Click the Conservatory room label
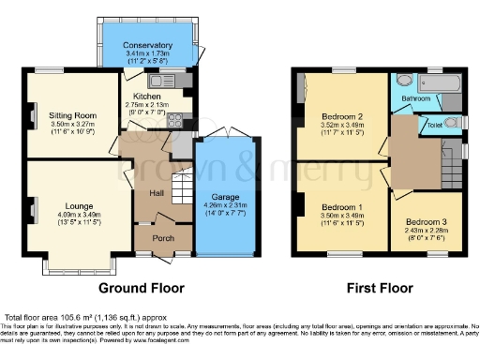coord(149,45)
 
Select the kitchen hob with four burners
coord(174,119)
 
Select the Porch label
coord(163,238)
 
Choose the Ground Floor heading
coord(142,288)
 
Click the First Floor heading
coord(375,288)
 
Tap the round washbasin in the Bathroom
coord(403,82)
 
